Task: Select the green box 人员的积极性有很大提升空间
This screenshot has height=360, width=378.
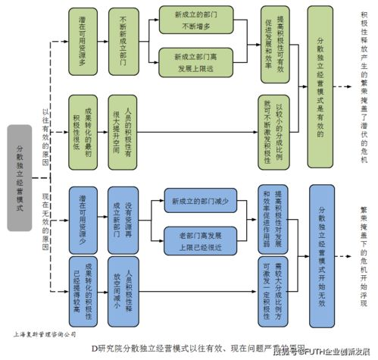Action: [123, 123]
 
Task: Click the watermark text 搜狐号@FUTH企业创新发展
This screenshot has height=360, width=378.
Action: [322, 352]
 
